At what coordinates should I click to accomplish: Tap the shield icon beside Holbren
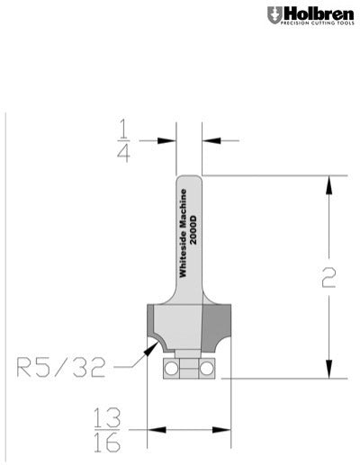274,15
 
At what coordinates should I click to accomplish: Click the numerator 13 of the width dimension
108,419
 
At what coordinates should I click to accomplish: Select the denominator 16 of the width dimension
108,444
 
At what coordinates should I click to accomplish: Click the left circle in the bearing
168,368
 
